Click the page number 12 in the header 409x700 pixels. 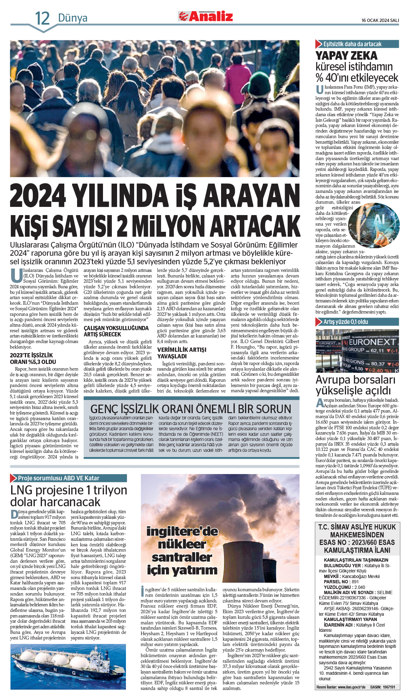click(42, 18)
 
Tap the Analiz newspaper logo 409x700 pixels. click(206, 16)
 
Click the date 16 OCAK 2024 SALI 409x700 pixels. click(380, 20)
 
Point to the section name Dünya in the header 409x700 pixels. click(72, 18)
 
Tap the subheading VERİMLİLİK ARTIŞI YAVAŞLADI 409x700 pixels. click(182, 353)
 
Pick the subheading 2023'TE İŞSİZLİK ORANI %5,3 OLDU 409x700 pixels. click(33, 358)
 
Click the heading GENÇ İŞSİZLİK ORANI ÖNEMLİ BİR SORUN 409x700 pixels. click(191, 409)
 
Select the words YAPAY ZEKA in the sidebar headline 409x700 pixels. click(346, 55)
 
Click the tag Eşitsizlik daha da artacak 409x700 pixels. click(352, 44)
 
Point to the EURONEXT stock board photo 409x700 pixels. click(357, 351)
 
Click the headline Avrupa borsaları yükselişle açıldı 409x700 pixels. click(355, 385)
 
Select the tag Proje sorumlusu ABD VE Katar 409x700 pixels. click(58, 478)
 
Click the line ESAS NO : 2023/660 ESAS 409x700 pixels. click(357, 542)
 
